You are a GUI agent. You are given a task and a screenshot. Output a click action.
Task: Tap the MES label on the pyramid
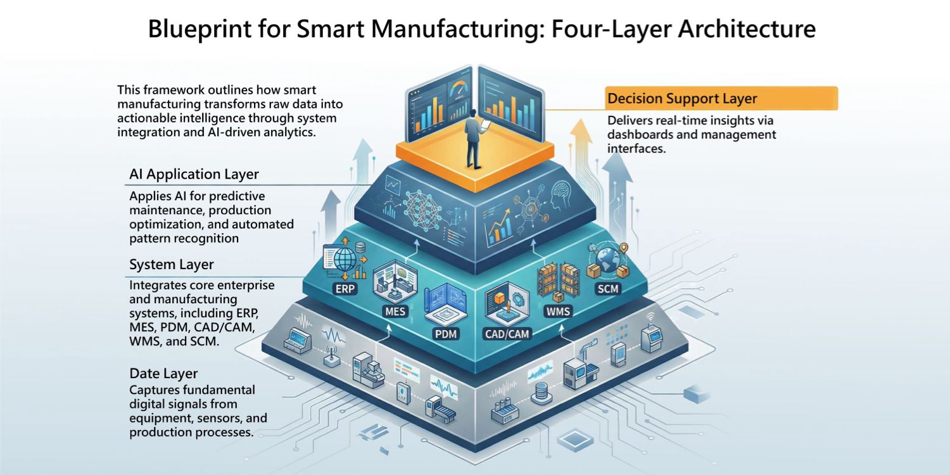(x=395, y=312)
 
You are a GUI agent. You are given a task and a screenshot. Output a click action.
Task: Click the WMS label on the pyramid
(x=558, y=312)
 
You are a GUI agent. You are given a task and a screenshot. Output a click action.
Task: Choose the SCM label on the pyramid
(x=609, y=289)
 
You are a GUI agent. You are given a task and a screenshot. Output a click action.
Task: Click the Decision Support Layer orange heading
(x=682, y=99)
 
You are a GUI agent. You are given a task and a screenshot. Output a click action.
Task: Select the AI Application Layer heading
(x=194, y=174)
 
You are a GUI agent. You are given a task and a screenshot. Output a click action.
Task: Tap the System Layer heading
(x=171, y=264)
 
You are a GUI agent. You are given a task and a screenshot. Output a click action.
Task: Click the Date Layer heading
(x=163, y=373)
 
